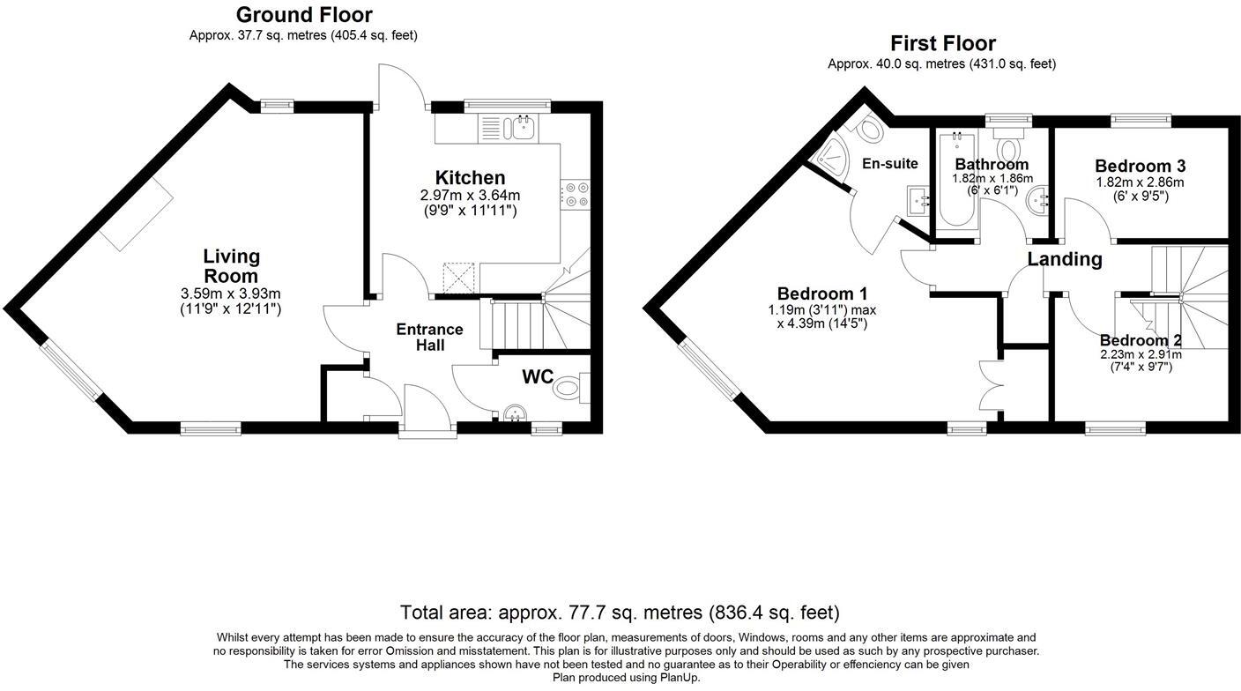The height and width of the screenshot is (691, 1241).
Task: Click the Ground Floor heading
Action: click(304, 15)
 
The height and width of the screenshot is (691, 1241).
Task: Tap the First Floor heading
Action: click(942, 43)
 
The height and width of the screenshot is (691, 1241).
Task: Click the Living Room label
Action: click(232, 265)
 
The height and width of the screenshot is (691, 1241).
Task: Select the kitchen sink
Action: click(516, 129)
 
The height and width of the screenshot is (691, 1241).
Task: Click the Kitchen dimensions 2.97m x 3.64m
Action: click(470, 196)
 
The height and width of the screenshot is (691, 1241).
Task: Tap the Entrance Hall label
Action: click(429, 337)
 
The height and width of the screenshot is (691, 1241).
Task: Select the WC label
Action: click(538, 377)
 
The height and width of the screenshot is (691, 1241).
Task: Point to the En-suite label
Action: click(890, 163)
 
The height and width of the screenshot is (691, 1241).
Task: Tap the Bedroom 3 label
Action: click(1140, 165)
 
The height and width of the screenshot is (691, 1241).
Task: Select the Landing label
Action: click(1065, 259)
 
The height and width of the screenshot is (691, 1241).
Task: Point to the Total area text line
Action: click(620, 612)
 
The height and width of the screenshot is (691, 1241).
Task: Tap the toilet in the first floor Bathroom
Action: click(1007, 145)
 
